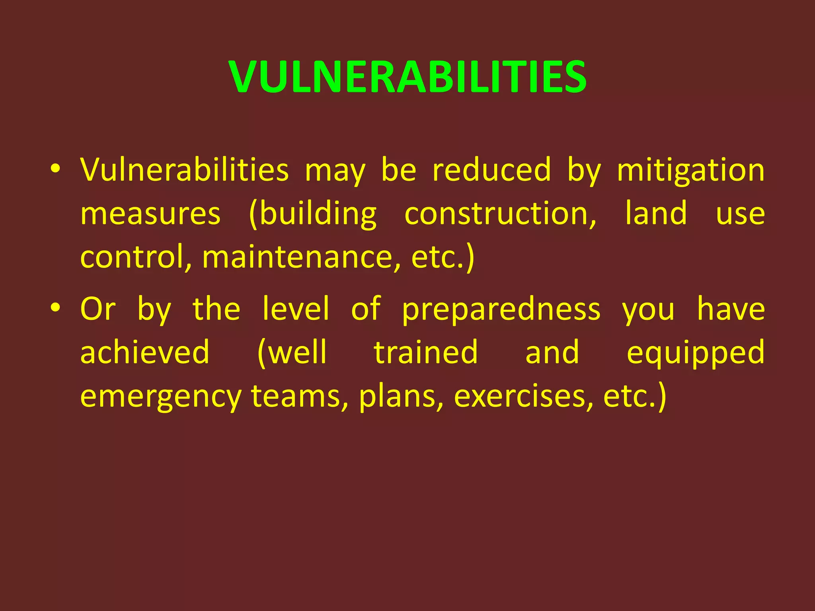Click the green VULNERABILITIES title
click(x=407, y=76)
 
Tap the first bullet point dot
click(x=55, y=169)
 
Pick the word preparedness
click(x=501, y=309)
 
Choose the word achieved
click(x=145, y=352)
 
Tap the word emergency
click(x=161, y=397)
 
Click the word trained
click(x=426, y=352)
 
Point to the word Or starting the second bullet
click(x=98, y=309)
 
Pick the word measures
click(x=150, y=214)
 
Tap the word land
click(x=655, y=213)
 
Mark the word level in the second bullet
click(x=296, y=309)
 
